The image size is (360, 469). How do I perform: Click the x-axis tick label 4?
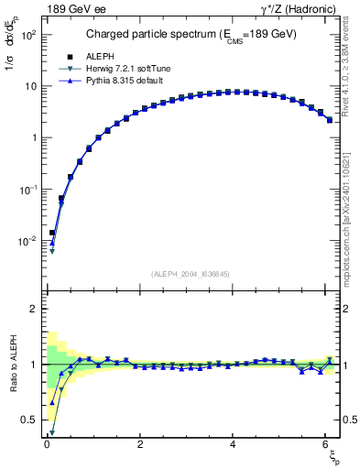coord(234,444)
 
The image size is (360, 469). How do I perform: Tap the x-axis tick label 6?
coord(327,444)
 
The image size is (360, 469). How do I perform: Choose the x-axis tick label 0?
coord(47,444)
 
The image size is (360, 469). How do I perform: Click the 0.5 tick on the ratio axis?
coord(31,420)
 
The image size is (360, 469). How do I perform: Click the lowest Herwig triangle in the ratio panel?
coord(52,431)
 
